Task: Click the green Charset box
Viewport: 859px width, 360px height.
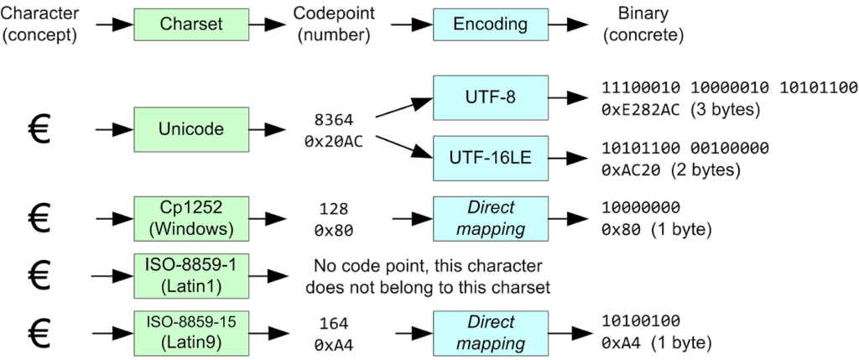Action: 192,23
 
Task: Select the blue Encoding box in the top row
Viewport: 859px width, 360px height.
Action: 489,23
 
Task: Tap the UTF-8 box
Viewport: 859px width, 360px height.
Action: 489,98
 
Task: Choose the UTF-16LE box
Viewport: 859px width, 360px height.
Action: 489,157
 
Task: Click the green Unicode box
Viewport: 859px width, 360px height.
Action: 192,130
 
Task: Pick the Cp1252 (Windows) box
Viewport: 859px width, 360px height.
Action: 192,217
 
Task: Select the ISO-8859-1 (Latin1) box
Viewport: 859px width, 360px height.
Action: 192,274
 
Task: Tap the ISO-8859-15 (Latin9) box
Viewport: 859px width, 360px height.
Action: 192,332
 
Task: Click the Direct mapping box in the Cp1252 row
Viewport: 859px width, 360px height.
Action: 489,217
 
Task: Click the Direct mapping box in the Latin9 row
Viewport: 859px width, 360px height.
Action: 489,332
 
